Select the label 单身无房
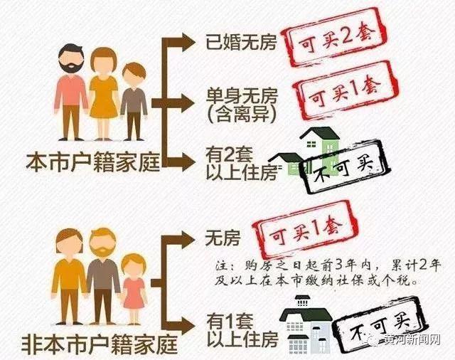pyautogui.click(x=242, y=96)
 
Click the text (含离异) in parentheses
pyautogui.click(x=242, y=114)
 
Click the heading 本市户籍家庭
pyautogui.click(x=93, y=163)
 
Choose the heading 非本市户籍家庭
pyautogui.click(x=100, y=344)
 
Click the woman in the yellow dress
pyautogui.click(x=103, y=93)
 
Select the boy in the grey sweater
pyautogui.click(x=134, y=102)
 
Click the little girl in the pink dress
pyautogui.click(x=133, y=290)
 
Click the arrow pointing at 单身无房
pyautogui.click(x=173, y=103)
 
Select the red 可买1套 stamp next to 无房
pyautogui.click(x=305, y=230)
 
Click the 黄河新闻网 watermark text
pyautogui.click(x=412, y=340)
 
